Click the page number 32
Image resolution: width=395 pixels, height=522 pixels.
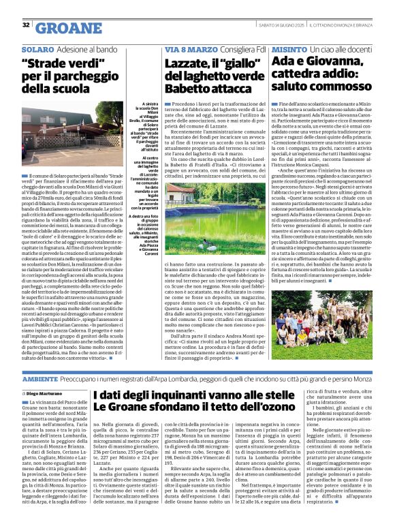[25, 25]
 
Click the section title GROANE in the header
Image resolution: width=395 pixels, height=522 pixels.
[67, 28]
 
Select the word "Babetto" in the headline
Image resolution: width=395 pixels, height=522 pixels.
[189, 89]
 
